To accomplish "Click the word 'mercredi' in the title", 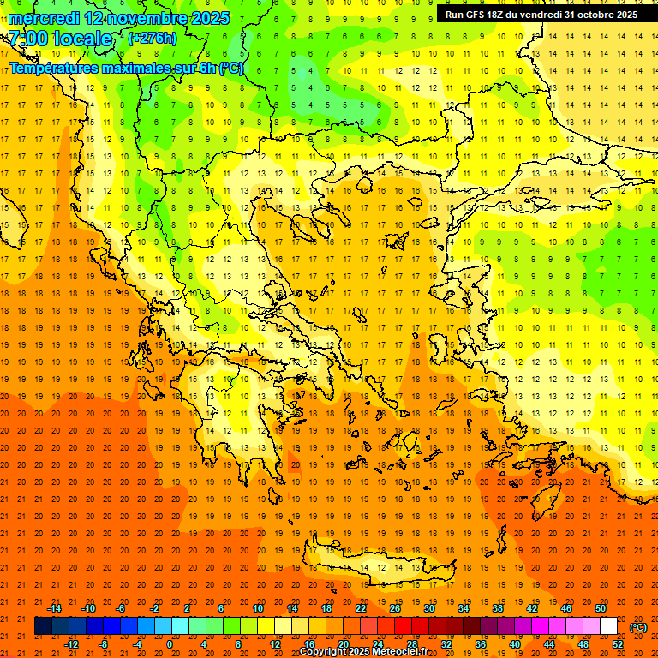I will point(43,18).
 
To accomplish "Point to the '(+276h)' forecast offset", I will point(153,39).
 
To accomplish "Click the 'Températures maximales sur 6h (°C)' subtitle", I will point(126,68).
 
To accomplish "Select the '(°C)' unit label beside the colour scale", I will point(638,627).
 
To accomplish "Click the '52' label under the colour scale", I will point(618,644).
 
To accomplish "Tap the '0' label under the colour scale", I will point(170,644).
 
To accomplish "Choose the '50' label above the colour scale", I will point(601,608).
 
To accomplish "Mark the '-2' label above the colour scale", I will point(154,608).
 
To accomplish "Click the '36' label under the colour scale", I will point(481,644).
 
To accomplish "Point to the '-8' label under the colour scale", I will point(104,644).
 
